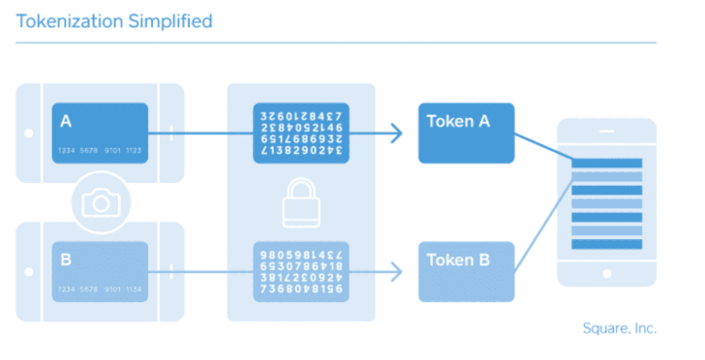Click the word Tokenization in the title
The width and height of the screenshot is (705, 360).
point(70,21)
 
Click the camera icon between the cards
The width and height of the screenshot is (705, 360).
point(101,202)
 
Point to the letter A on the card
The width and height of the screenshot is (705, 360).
point(66,121)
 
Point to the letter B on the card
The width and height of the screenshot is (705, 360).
point(66,259)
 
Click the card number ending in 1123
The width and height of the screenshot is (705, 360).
point(100,150)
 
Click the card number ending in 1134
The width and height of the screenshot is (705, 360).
point(100,288)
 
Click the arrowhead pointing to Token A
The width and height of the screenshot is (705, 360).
point(397,134)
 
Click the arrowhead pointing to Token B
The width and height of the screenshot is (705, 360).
point(397,272)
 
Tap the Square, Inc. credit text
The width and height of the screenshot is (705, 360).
point(620,328)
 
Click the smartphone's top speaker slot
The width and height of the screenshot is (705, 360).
point(606,131)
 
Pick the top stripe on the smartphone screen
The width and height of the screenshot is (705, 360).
point(606,163)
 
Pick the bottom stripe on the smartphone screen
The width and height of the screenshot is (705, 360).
point(606,245)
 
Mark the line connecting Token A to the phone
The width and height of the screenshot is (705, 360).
point(542,148)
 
